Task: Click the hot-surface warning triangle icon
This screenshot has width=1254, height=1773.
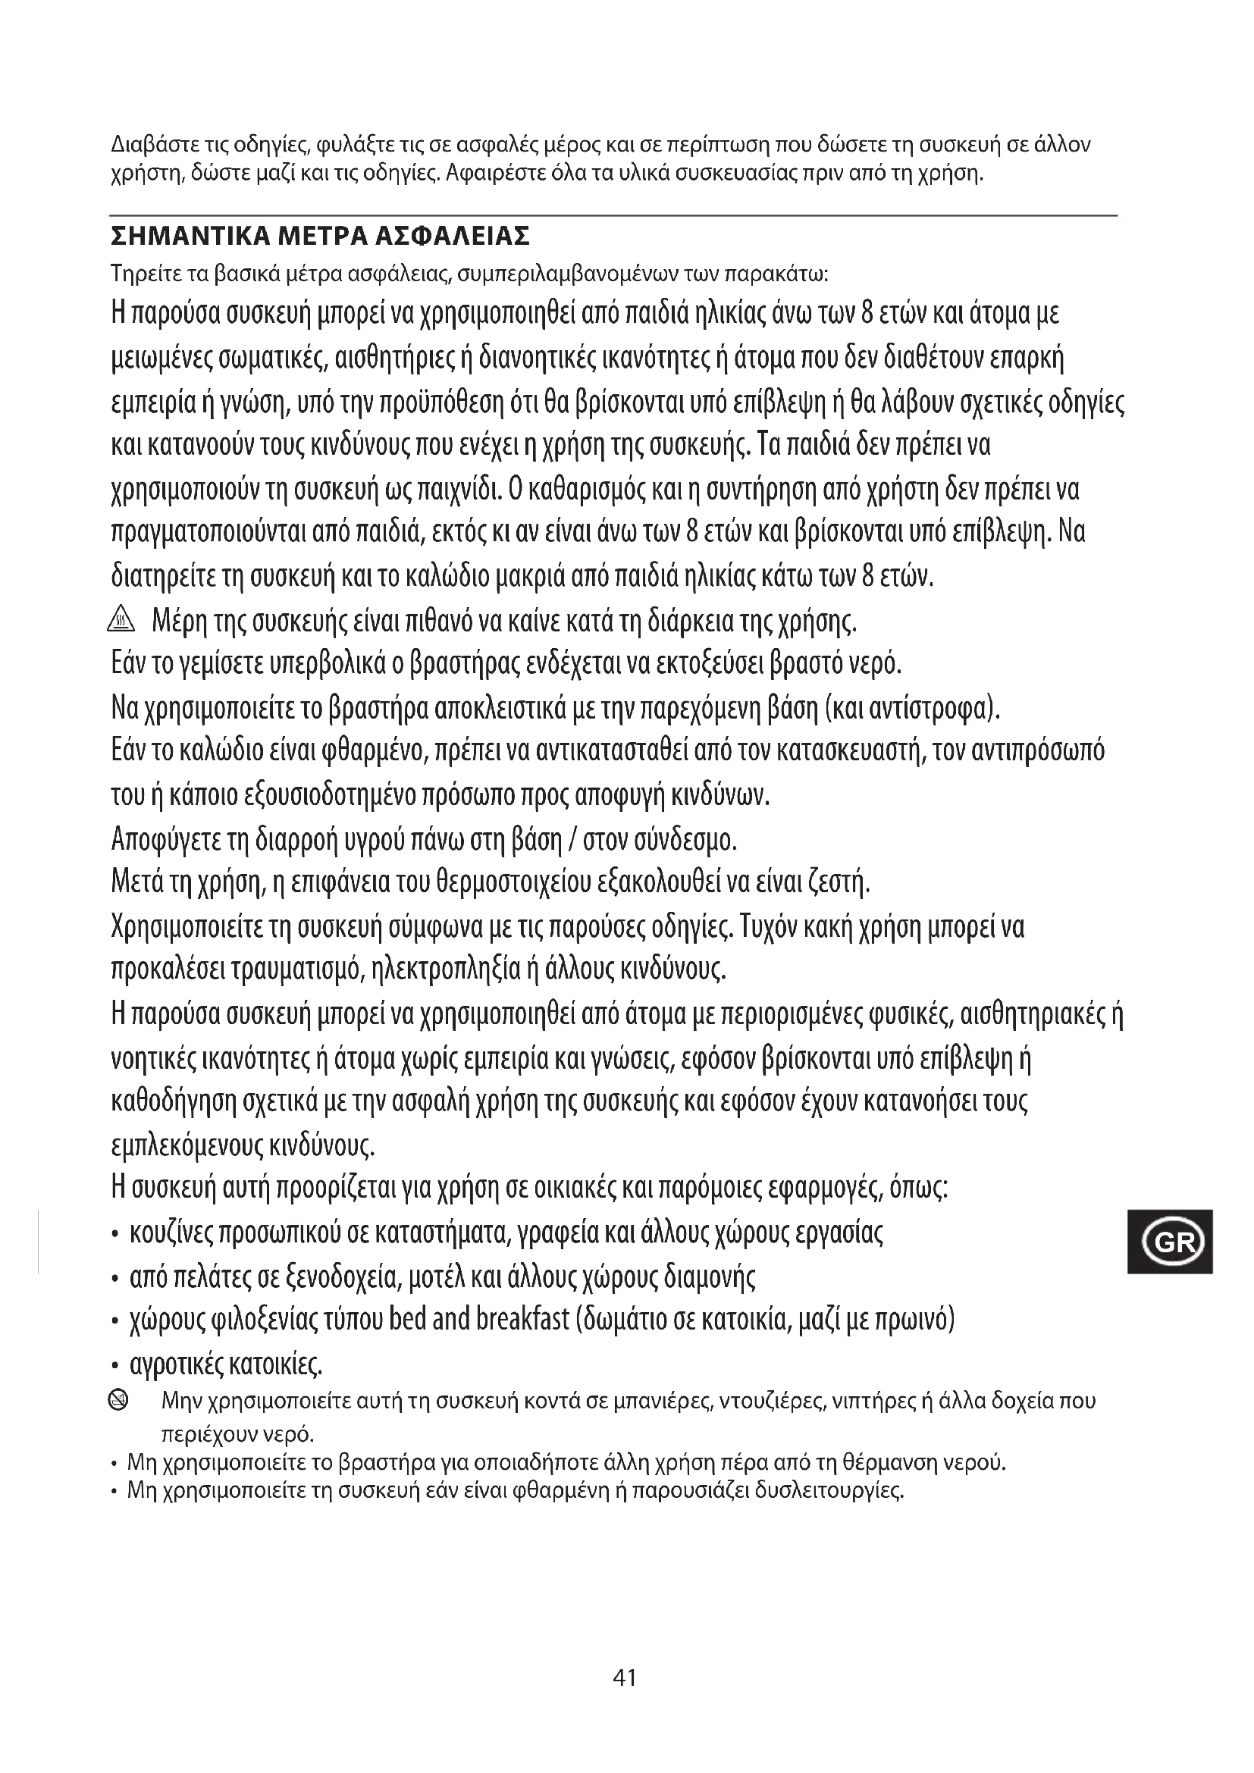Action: coord(123,619)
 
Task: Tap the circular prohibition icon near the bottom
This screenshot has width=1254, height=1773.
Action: coord(120,1398)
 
